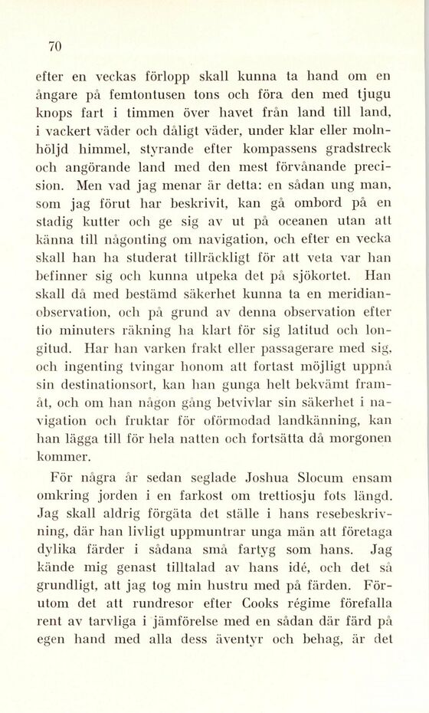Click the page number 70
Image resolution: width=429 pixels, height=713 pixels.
pyautogui.click(x=54, y=46)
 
